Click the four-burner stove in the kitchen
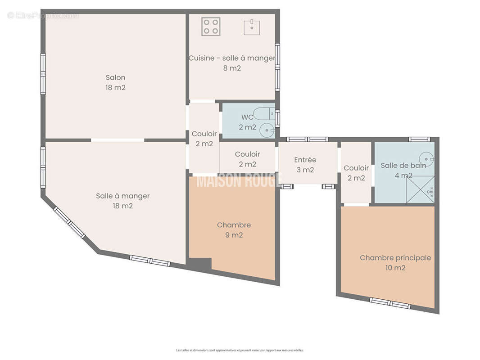tap(211, 27)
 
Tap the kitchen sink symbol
tap(252, 27)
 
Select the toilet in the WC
tap(263, 114)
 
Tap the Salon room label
tap(115, 77)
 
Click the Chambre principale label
tap(395, 258)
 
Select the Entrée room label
tap(305, 160)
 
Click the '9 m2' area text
tap(234, 235)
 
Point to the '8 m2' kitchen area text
tap(232, 68)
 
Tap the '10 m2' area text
tap(395, 268)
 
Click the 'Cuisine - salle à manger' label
tap(231, 58)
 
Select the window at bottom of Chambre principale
tap(390, 303)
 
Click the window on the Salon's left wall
tap(43, 74)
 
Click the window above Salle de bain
tap(419, 139)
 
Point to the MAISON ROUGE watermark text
tap(239, 181)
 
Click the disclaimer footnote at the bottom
tap(240, 350)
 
